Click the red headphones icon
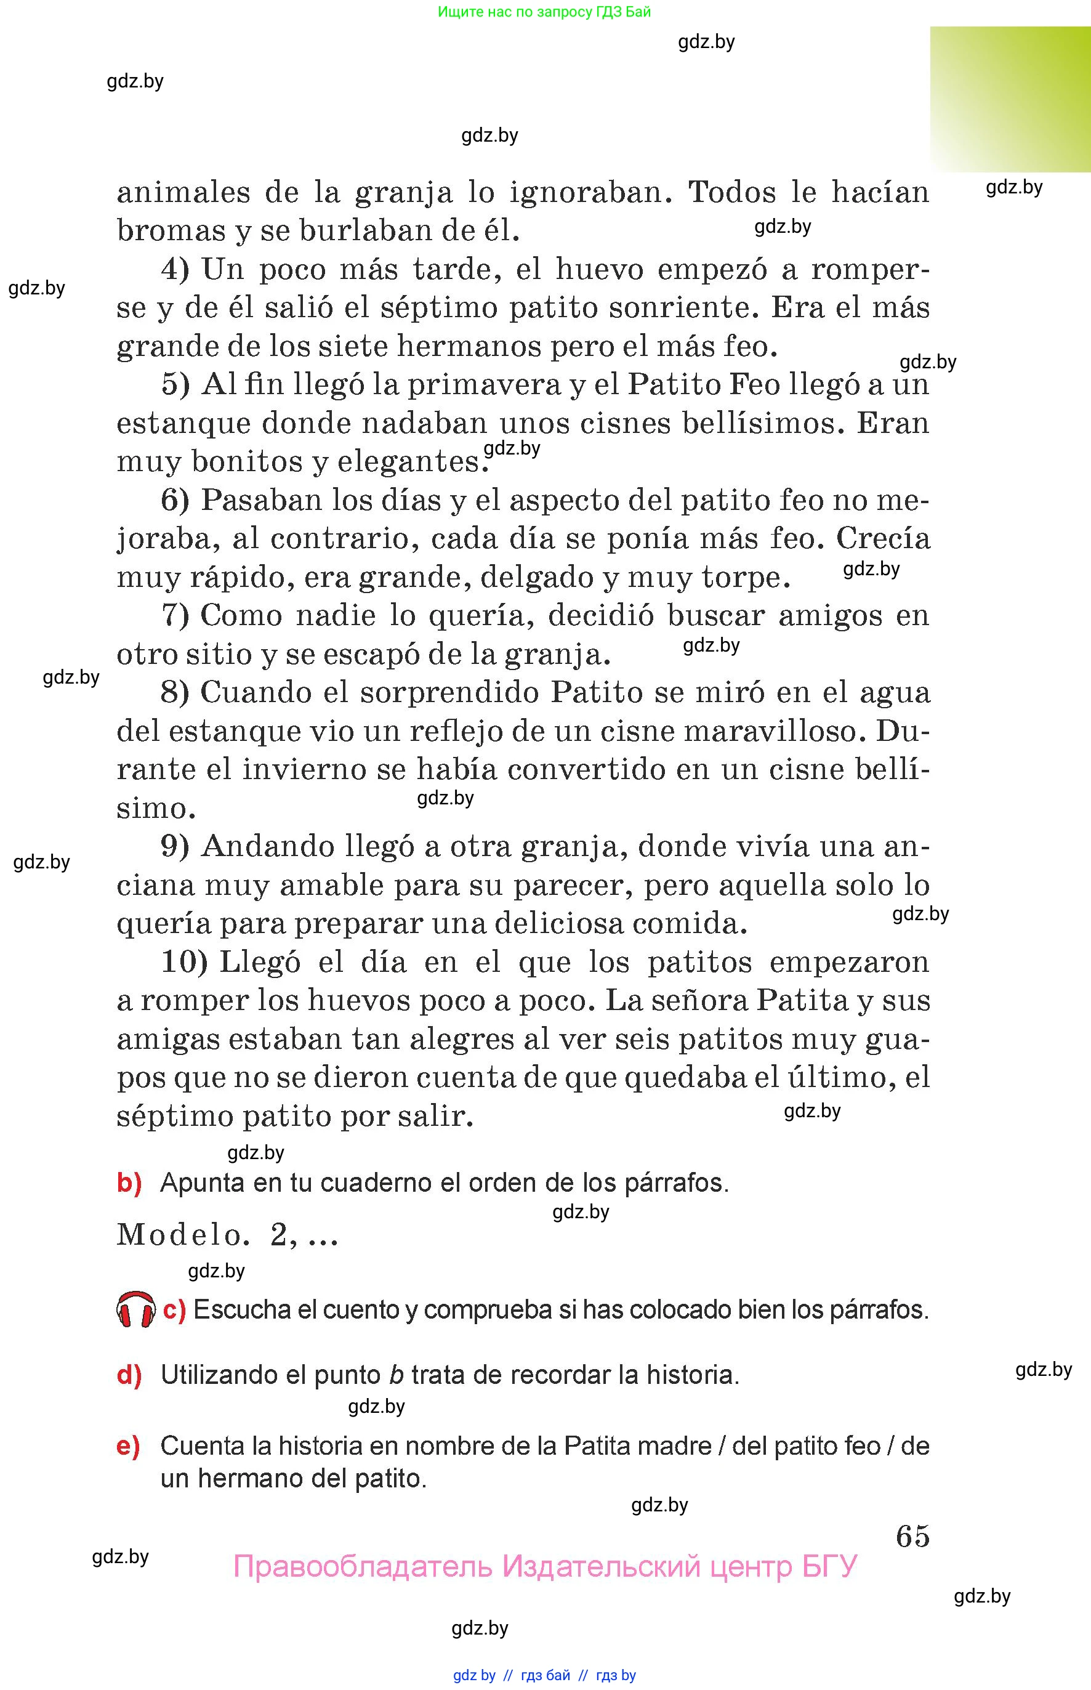click(x=135, y=1309)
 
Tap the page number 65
click(x=912, y=1535)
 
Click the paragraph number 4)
click(x=175, y=269)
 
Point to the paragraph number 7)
click(x=175, y=615)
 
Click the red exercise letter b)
click(x=129, y=1183)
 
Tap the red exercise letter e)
click(x=128, y=1445)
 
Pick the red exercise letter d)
click(x=129, y=1375)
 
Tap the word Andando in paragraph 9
click(x=268, y=846)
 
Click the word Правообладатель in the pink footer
click(x=362, y=1567)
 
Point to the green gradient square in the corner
click(x=1010, y=99)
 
